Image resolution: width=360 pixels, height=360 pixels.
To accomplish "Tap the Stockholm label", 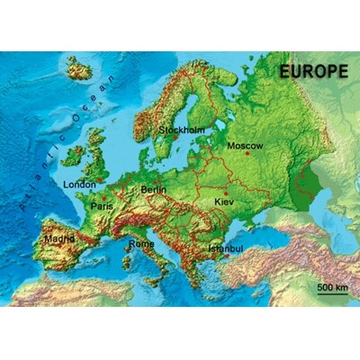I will pos(181,130).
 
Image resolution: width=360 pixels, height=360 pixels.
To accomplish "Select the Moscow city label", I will pos(245,145).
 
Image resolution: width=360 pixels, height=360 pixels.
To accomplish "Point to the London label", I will pos(79,184).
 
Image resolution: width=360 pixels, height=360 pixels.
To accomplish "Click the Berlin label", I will pos(154,190).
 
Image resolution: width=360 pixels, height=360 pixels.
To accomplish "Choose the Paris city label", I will pos(102,206).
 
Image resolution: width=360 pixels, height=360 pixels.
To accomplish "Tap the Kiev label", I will pos(224,202).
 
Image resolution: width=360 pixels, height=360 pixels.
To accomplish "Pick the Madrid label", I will pos(59,239).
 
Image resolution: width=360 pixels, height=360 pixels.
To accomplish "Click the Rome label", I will pos(141,243).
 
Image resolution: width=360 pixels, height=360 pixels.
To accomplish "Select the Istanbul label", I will pos(225,248).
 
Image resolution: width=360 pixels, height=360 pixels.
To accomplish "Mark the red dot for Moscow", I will pos(247,154).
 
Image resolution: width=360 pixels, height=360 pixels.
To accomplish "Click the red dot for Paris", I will pos(103,197).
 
